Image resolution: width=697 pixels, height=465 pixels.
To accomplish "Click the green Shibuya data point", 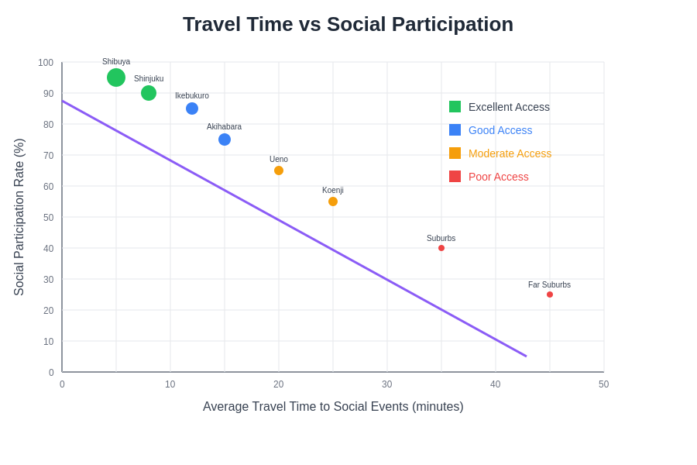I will pyautogui.click(x=116, y=77).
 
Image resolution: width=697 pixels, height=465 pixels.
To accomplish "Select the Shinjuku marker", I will pyautogui.click(x=149, y=93).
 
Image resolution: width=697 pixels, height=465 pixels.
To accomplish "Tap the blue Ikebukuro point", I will pyautogui.click(x=192, y=108).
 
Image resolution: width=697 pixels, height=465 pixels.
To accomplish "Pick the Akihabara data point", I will pyautogui.click(x=225, y=139).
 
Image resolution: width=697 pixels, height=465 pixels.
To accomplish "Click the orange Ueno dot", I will pyautogui.click(x=279, y=170).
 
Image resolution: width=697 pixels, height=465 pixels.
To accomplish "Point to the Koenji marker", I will pyautogui.click(x=333, y=201).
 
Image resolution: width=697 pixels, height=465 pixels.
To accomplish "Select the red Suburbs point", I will pyautogui.click(x=441, y=248).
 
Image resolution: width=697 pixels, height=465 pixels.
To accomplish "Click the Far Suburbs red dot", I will pyautogui.click(x=550, y=294).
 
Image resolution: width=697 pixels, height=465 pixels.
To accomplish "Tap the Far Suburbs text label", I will pyautogui.click(x=549, y=284).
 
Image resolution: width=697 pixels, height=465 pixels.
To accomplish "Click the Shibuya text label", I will pyautogui.click(x=116, y=62).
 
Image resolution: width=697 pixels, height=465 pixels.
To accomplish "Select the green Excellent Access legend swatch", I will pyautogui.click(x=455, y=107).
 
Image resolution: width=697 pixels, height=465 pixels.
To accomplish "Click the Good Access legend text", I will pyautogui.click(x=500, y=130).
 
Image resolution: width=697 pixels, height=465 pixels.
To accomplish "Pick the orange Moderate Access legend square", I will pyautogui.click(x=455, y=153).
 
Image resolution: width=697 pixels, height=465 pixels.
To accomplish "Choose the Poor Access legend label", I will pyautogui.click(x=498, y=177).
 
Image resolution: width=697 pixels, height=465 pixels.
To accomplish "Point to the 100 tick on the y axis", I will pyautogui.click(x=46, y=63).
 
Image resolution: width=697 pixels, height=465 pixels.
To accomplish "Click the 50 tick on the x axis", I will pyautogui.click(x=603, y=384).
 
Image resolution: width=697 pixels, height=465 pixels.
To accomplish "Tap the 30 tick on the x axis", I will pyautogui.click(x=386, y=384).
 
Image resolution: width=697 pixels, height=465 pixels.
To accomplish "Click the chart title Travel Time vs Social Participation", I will pyautogui.click(x=348, y=24).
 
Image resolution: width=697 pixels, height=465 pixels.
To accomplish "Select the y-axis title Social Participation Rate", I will pyautogui.click(x=19, y=217).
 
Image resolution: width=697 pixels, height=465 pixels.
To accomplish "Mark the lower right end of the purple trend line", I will pyautogui.click(x=526, y=356).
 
